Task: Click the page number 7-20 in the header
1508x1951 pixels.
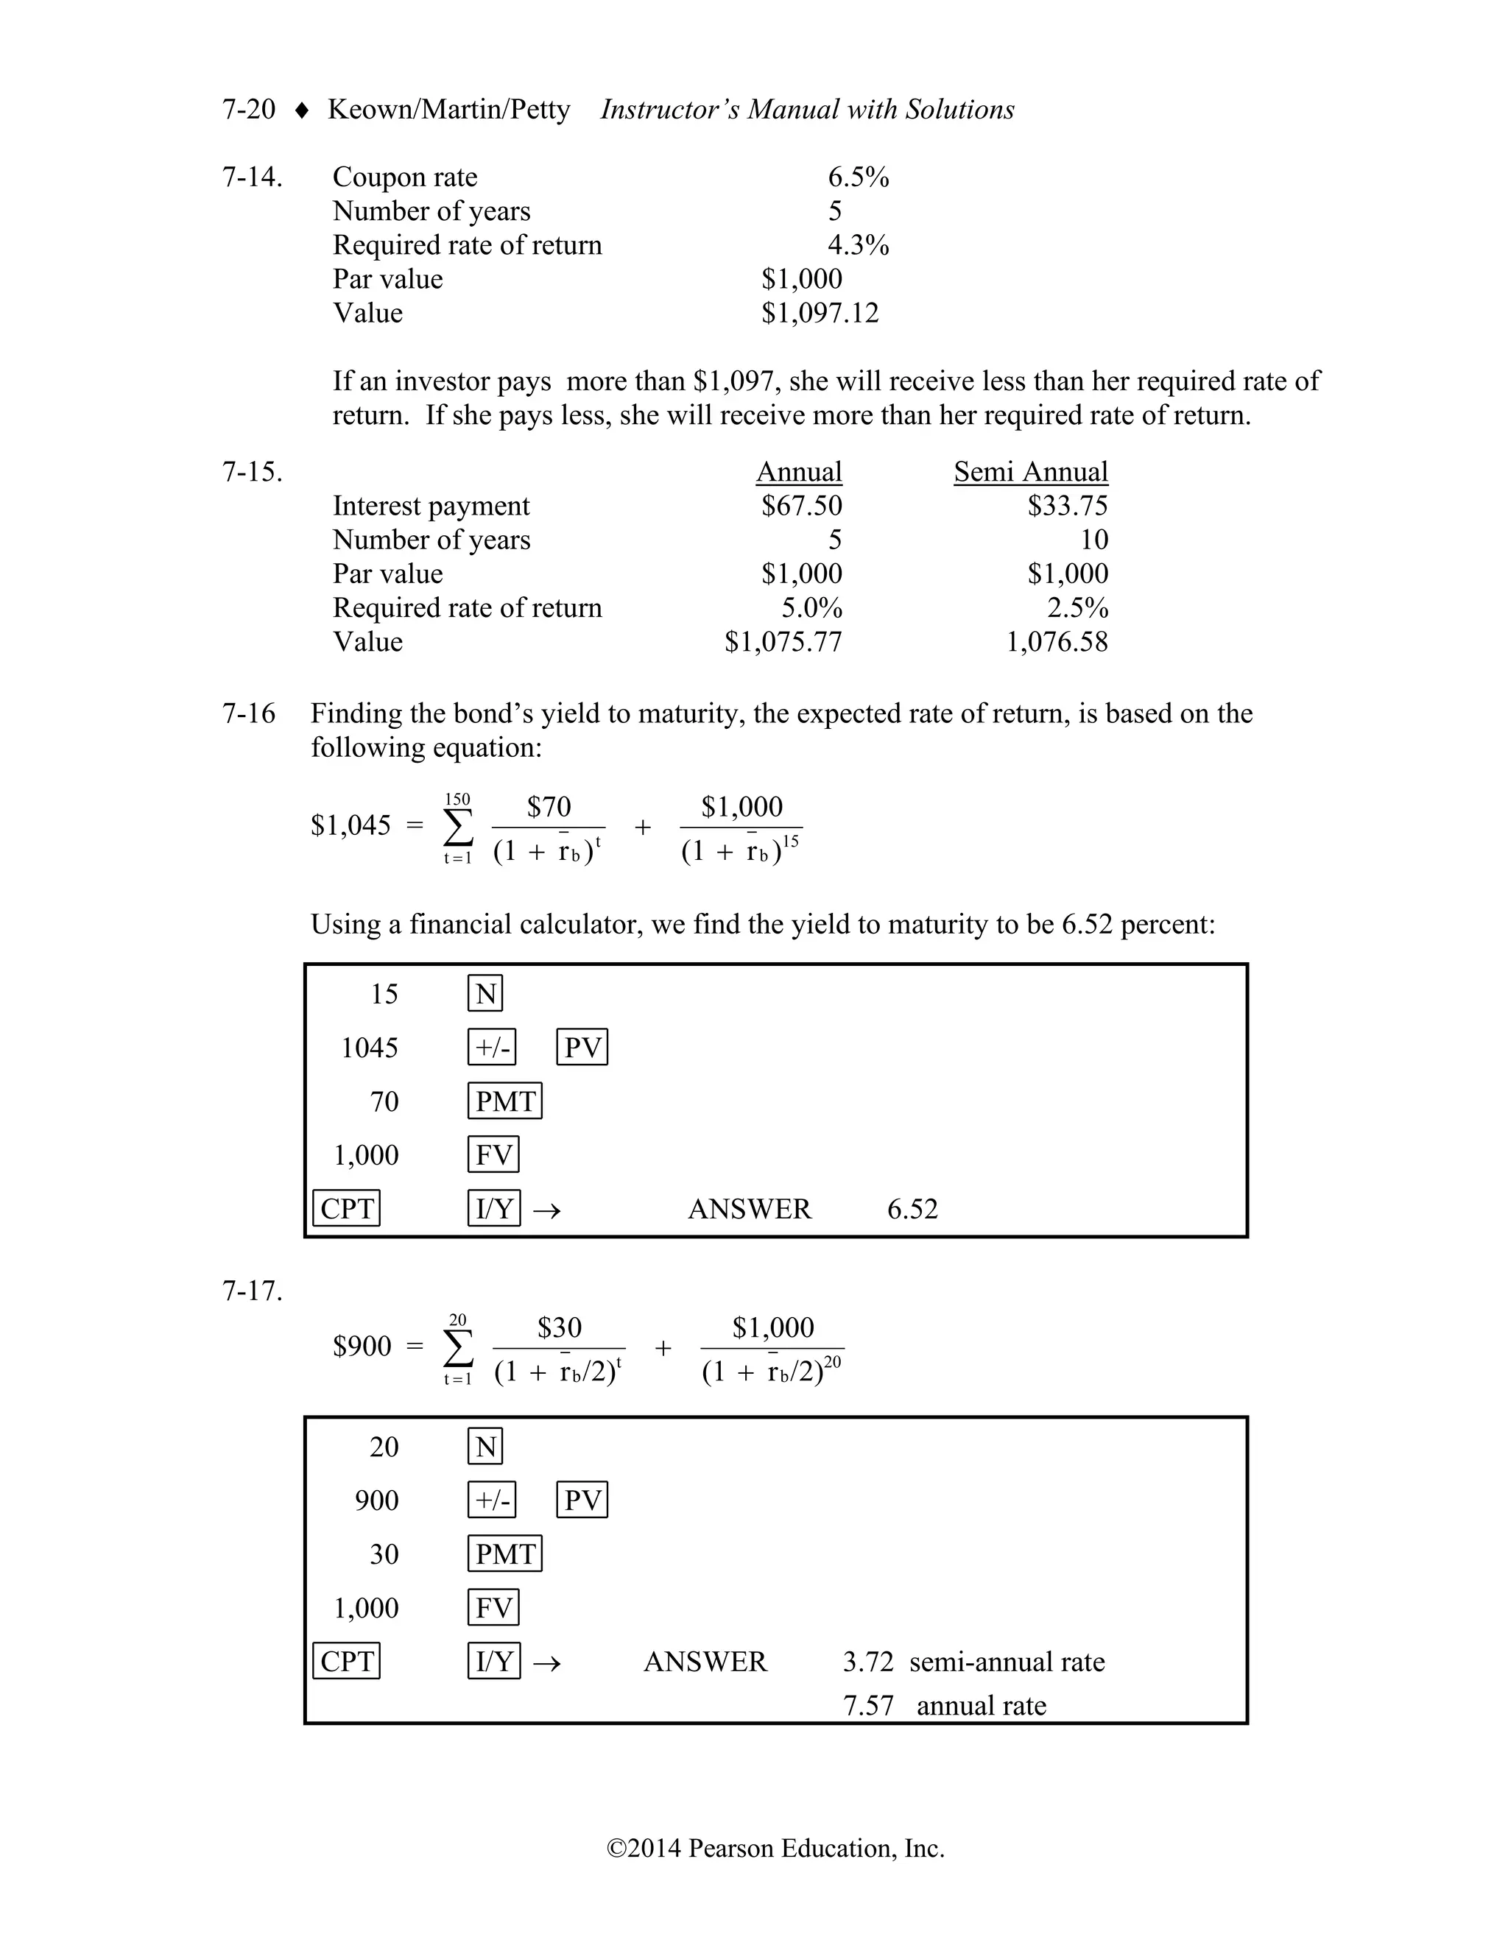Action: (248, 109)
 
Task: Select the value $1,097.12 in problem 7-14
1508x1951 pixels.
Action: (820, 313)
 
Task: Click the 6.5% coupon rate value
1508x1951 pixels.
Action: (858, 177)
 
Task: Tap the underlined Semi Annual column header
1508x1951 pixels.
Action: (1030, 472)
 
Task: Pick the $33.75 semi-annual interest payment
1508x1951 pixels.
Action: (1067, 506)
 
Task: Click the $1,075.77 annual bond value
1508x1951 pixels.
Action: (783, 641)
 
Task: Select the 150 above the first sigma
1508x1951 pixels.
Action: (457, 800)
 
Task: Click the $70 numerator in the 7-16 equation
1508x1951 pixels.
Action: (549, 807)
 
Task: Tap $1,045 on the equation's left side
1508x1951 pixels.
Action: (350, 825)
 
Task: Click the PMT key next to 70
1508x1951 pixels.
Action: (504, 1101)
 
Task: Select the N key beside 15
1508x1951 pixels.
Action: (485, 993)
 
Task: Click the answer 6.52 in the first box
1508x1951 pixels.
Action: (912, 1209)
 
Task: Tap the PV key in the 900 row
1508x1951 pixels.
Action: (582, 1500)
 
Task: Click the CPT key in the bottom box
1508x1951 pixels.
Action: (347, 1662)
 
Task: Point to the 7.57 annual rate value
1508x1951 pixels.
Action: (868, 1705)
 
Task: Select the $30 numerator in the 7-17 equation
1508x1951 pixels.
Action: (560, 1327)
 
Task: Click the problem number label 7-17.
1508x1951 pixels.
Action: (252, 1291)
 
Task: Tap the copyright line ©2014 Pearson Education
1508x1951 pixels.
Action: (775, 1847)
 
